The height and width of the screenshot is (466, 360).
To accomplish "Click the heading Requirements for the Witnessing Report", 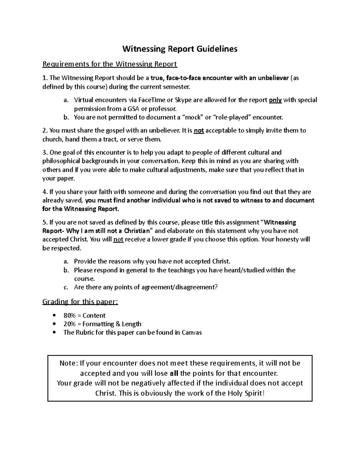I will tap(110, 64).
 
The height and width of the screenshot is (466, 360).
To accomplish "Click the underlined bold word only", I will tap(275, 100).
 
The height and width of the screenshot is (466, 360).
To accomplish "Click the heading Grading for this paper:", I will tap(80, 302).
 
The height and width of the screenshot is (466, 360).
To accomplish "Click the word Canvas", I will tap(192, 332).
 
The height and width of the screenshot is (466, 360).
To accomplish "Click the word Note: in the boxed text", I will tap(69, 363).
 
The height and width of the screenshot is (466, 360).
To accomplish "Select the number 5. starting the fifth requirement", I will tap(45, 222).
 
